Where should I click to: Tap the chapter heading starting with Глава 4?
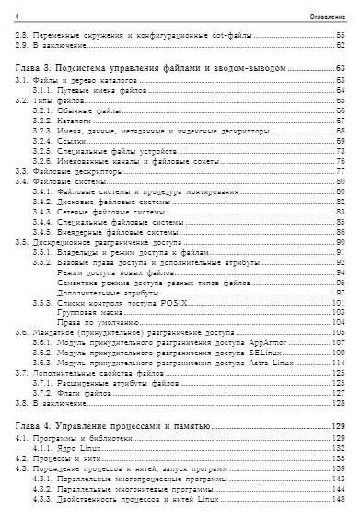[113, 428]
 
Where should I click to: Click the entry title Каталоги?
[75, 120]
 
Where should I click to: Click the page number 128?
[337, 406]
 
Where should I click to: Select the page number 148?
[337, 497]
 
